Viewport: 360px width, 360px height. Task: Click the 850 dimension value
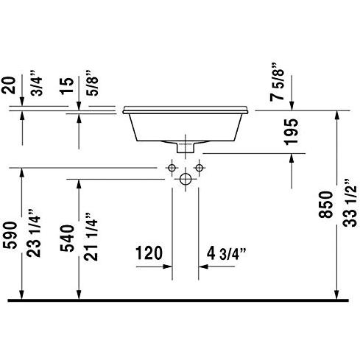point(326,205)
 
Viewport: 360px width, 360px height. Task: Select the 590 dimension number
point(10,235)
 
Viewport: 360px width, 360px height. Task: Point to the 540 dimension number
point(67,238)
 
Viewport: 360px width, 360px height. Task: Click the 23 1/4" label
point(33,233)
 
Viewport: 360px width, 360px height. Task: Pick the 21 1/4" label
point(91,236)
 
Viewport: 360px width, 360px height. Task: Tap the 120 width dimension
point(149,253)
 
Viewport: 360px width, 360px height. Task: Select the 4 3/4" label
point(226,253)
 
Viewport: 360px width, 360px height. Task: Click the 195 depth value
point(291,132)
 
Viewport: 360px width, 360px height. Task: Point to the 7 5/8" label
point(277,82)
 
